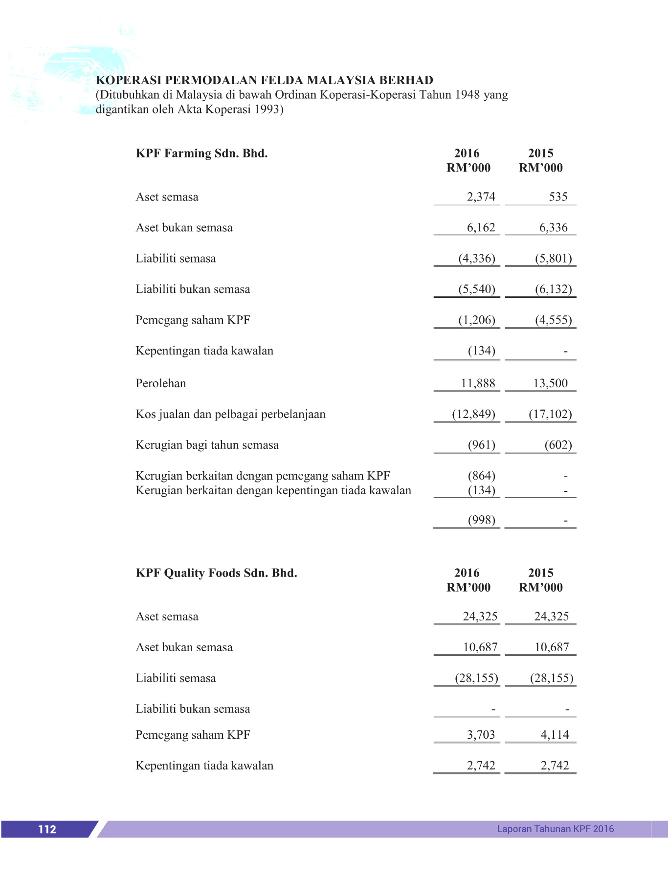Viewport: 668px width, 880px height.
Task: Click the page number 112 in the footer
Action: [x=47, y=829]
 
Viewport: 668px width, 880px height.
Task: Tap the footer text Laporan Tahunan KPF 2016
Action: [x=555, y=829]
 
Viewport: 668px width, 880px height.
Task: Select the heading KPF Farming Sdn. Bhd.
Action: [x=201, y=154]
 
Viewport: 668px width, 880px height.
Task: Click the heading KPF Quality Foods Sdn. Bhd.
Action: [x=216, y=573]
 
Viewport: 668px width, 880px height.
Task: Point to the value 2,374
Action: [x=481, y=197]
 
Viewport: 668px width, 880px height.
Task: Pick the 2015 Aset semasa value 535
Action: [x=558, y=197]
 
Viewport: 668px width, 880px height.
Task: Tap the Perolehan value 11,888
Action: [x=478, y=383]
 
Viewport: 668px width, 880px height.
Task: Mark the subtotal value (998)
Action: [x=481, y=520]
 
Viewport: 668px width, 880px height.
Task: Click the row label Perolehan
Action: [x=160, y=383]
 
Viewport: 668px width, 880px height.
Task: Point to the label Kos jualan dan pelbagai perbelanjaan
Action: [x=230, y=415]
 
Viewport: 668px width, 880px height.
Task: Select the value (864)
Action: [x=481, y=476]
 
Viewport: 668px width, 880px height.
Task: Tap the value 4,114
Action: [x=555, y=735]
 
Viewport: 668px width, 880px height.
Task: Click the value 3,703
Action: [x=481, y=735]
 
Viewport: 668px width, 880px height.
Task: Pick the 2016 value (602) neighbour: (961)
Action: [x=481, y=445]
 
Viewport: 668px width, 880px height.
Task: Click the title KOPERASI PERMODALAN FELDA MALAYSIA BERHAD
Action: [x=265, y=80]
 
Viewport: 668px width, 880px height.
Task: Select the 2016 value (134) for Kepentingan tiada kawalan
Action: [x=481, y=351]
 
